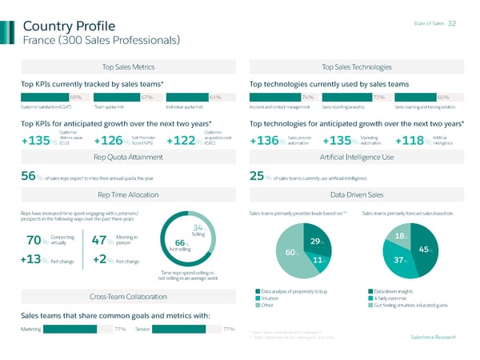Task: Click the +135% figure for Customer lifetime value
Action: point(36,142)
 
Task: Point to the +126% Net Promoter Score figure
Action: point(108,142)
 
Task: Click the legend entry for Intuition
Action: point(274,298)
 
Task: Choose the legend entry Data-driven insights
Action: point(391,290)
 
